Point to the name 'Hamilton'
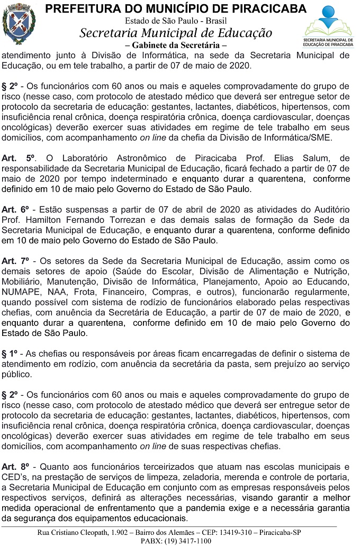click(46, 220)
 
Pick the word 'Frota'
click(91, 292)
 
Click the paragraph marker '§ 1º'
click(10, 353)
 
